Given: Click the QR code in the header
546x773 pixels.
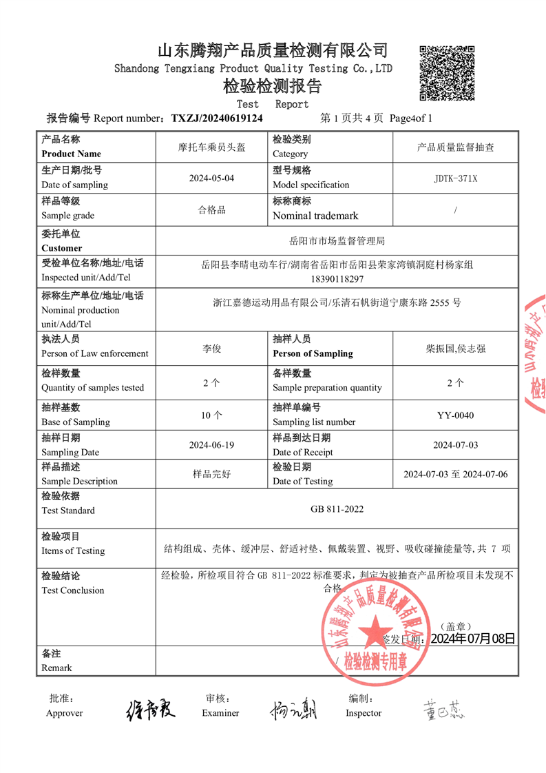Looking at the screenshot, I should coord(447,72).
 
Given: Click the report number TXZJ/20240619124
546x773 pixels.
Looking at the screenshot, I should coord(217,118).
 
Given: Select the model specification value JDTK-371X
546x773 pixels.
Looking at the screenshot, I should coord(455,178).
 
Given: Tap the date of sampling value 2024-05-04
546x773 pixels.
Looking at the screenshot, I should coord(211,178).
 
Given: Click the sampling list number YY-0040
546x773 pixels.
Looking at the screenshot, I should coord(455,415).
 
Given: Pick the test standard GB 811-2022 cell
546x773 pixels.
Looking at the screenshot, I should coord(337,509).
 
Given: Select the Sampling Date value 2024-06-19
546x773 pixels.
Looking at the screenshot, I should coord(211,445).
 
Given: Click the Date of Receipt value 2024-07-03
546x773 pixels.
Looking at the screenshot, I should coord(455,445).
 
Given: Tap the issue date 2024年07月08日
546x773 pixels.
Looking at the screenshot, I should coord(472,639).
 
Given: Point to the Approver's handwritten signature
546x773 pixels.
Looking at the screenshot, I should coord(151,709).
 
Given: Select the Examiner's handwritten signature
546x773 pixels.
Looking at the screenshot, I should coord(293,709).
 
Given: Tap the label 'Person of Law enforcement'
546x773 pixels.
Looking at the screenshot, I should coord(95,353).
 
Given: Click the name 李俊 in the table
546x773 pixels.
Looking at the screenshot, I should coord(211,349).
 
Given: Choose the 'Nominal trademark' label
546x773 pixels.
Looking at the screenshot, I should coord(315,216).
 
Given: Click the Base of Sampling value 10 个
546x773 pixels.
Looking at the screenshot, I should coord(211,415).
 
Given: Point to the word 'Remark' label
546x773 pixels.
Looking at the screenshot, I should coord(56,668).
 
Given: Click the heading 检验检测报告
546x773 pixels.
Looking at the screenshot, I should coord(273,87).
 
